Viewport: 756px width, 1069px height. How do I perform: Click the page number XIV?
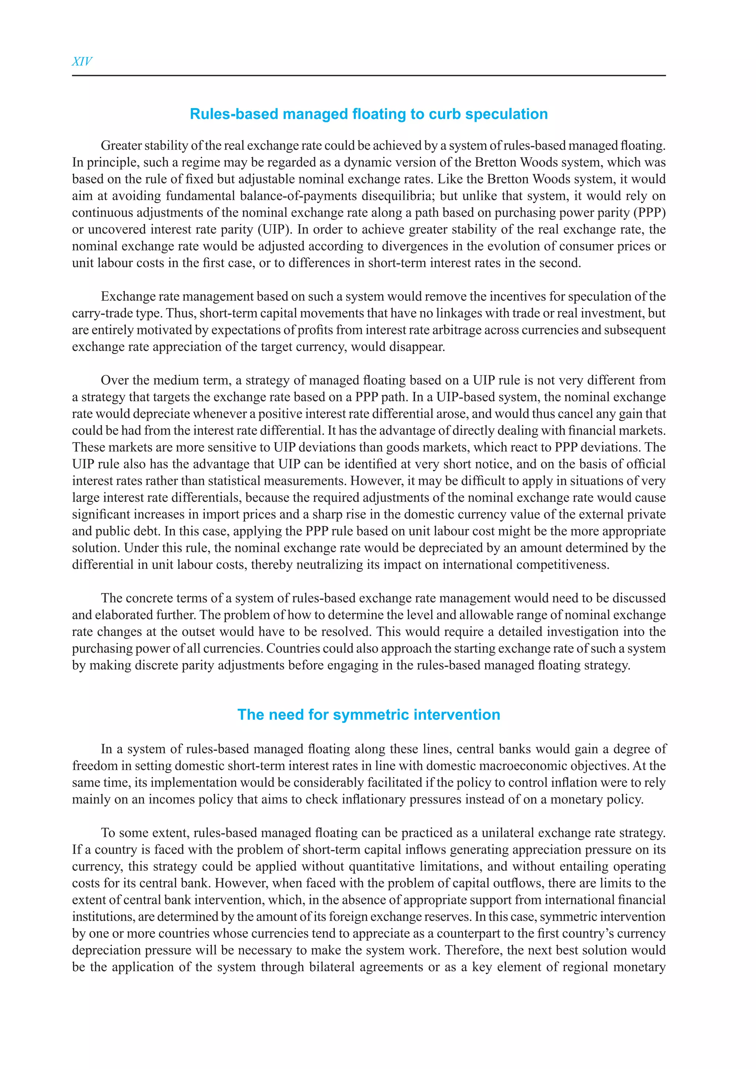point(82,61)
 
